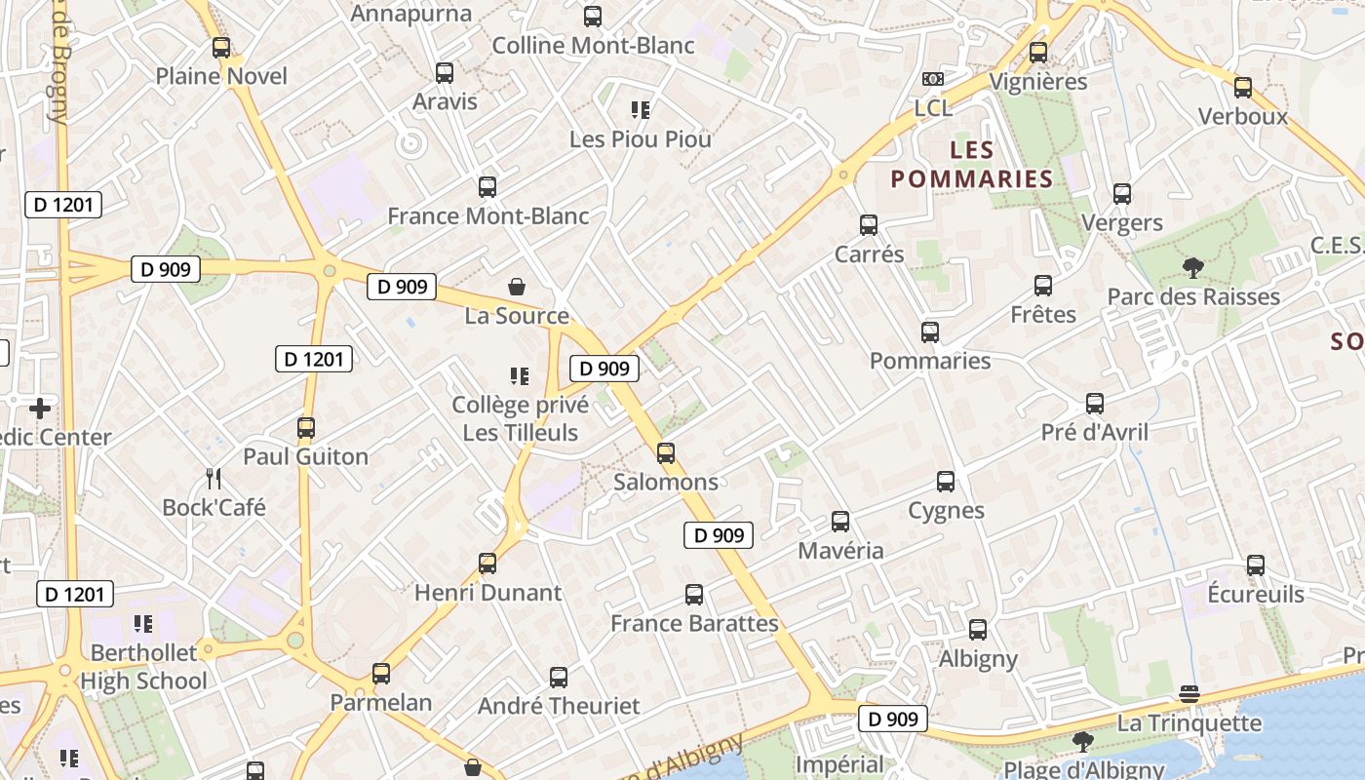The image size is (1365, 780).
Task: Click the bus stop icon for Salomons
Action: click(x=666, y=452)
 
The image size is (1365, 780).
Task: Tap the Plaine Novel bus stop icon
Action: click(x=221, y=47)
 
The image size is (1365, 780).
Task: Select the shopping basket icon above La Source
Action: click(x=517, y=287)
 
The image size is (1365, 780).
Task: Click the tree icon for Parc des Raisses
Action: click(x=1192, y=267)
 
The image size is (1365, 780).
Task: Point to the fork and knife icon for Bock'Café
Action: click(x=214, y=478)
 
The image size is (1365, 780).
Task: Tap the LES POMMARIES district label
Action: click(x=972, y=165)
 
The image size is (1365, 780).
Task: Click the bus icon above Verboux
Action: click(x=1243, y=88)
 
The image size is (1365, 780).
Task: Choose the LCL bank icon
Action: click(x=933, y=79)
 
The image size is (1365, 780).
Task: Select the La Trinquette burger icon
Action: click(x=1189, y=693)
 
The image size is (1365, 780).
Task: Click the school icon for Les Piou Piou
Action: click(x=641, y=109)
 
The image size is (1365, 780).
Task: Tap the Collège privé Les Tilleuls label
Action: click(x=520, y=418)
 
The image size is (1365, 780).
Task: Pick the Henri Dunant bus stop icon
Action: click(x=487, y=563)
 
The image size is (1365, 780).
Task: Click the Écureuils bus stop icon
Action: click(x=1256, y=565)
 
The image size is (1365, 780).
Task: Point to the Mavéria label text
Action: click(x=840, y=550)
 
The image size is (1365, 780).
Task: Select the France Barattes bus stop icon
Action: click(x=694, y=594)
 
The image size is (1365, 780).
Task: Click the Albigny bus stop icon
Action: click(x=978, y=629)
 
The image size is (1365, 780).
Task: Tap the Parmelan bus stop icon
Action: click(x=381, y=673)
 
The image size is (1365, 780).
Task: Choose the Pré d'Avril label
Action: click(x=1095, y=432)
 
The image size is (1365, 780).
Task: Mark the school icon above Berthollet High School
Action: click(x=143, y=623)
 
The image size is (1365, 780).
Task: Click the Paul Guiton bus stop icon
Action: click(x=306, y=427)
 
